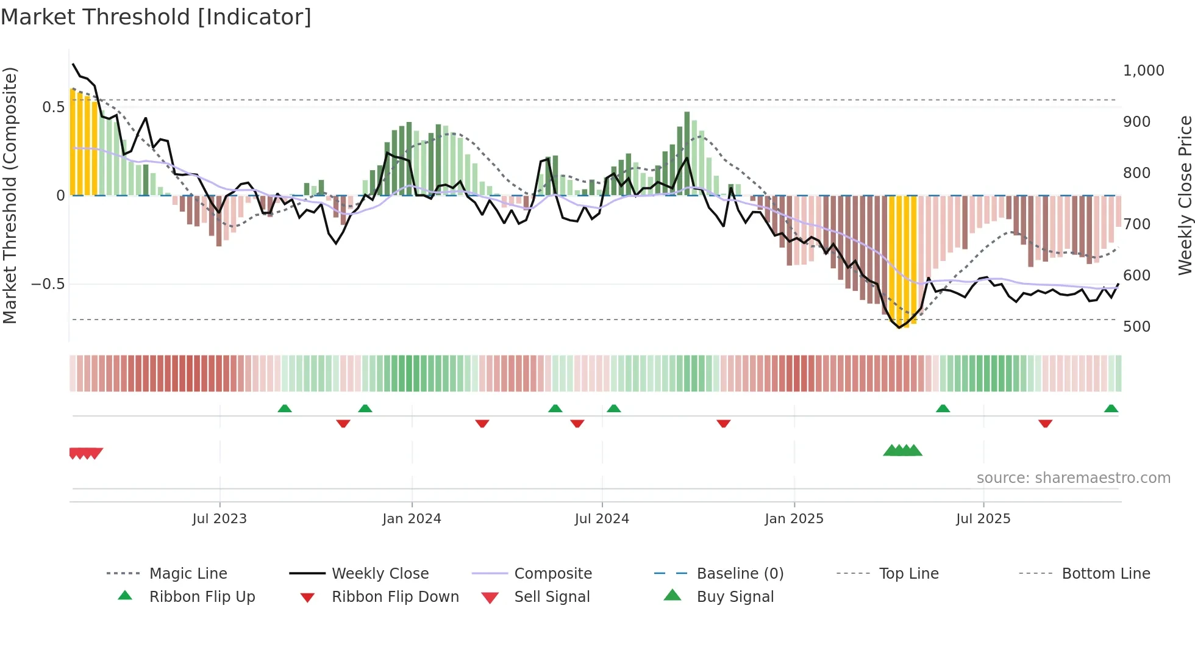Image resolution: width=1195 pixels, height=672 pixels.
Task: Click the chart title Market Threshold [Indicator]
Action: [156, 17]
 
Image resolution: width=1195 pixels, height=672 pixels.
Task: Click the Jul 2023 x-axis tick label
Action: [219, 519]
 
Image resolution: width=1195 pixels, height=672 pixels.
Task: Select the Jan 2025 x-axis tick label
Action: [794, 519]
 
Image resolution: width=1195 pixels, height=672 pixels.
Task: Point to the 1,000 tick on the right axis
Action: [1143, 71]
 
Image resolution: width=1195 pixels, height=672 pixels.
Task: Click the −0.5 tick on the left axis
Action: [48, 284]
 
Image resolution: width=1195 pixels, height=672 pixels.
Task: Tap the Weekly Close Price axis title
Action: [1185, 195]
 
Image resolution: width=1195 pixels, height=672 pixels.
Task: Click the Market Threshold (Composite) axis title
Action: [10, 195]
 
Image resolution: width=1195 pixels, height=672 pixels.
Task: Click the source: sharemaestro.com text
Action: [1073, 478]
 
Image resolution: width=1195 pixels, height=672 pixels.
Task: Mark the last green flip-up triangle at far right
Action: [1111, 409]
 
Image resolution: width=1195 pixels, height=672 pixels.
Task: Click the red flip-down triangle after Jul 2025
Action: [1045, 423]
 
